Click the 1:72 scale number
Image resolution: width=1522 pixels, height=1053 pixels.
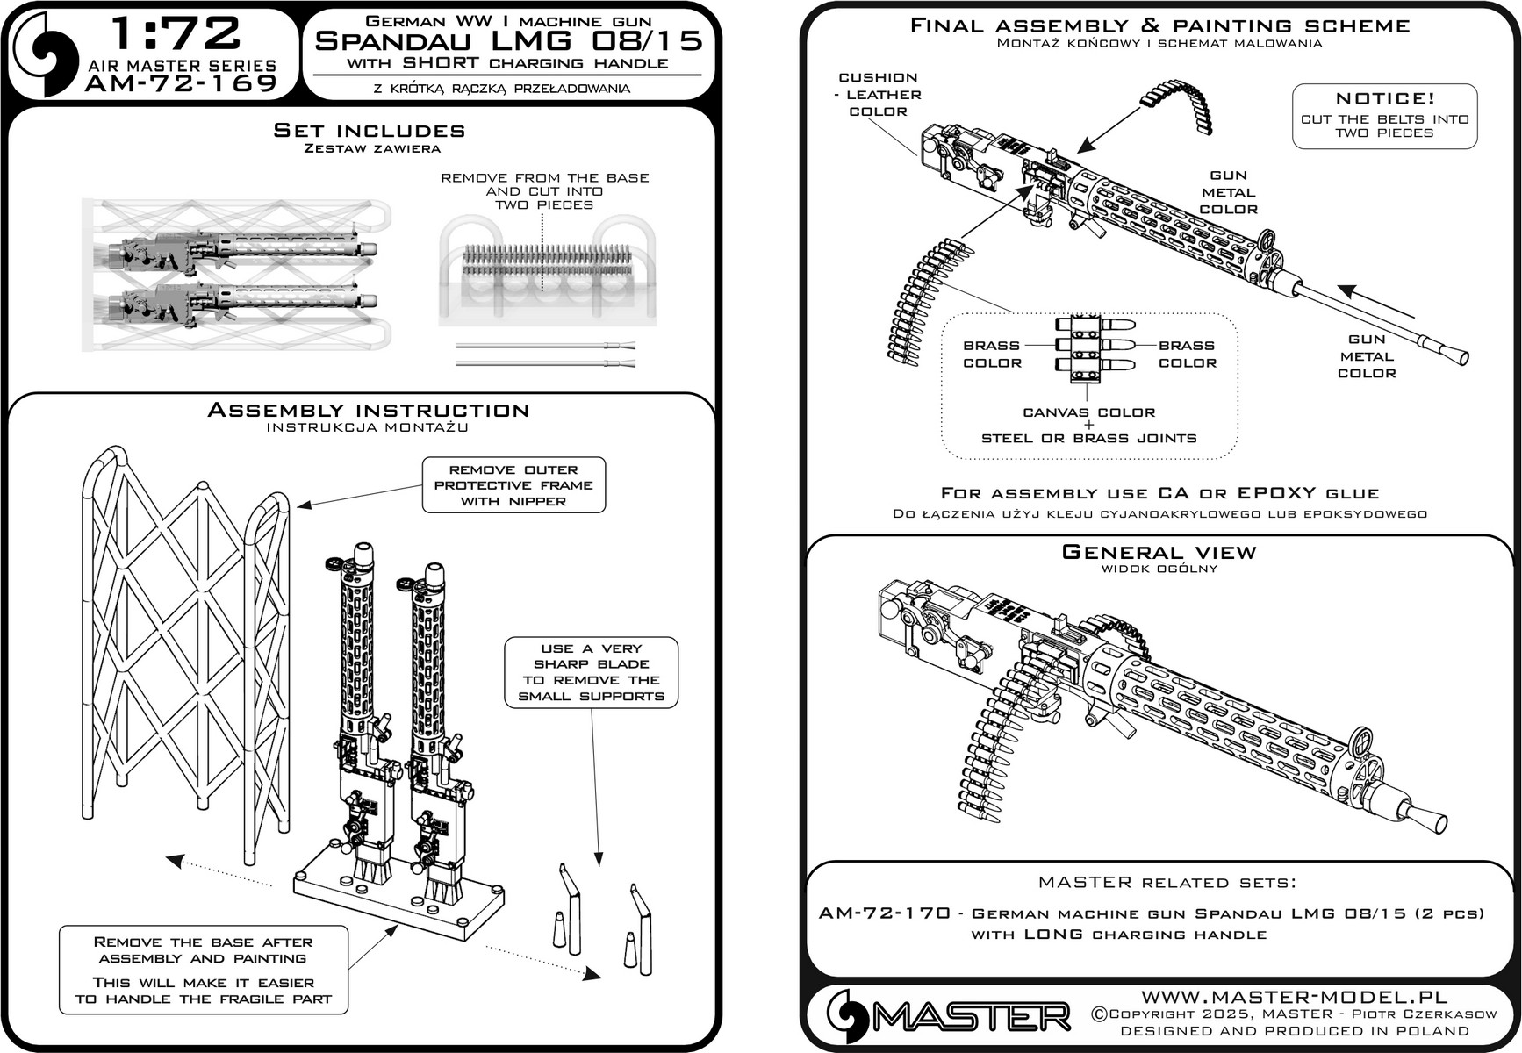tap(176, 34)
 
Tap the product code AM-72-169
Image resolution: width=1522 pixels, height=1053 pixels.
tap(182, 83)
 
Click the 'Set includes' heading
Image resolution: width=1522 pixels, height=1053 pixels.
tap(369, 132)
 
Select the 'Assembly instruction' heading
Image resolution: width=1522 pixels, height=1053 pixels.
tap(368, 411)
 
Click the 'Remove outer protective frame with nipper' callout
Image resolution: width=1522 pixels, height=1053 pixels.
tap(513, 485)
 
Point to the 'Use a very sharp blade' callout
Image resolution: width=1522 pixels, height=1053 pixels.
tap(591, 672)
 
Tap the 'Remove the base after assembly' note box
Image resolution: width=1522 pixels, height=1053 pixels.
tap(203, 970)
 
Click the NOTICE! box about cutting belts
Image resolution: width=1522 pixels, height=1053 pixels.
tap(1384, 116)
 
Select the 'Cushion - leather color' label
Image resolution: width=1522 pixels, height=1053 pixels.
tap(878, 95)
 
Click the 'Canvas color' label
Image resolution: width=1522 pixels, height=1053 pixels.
tap(1088, 412)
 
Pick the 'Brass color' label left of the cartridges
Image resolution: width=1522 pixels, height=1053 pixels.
tap(992, 355)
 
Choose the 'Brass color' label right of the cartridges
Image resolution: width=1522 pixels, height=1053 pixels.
tap(1187, 355)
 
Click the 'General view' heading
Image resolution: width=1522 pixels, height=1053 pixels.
tap(1159, 553)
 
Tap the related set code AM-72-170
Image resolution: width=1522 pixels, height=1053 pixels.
tap(884, 913)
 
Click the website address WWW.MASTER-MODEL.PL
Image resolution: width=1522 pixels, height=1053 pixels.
tap(1294, 997)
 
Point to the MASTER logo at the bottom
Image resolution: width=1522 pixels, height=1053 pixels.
tap(948, 1016)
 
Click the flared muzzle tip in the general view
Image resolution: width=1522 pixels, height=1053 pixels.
tap(1432, 820)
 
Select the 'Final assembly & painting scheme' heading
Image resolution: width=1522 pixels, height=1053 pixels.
tap(1159, 26)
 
